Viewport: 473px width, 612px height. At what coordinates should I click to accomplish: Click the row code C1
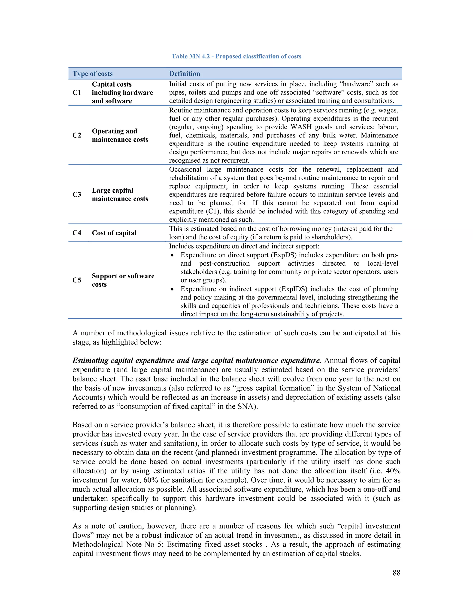(x=77, y=92)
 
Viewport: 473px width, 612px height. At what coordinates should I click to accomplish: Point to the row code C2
(x=77, y=135)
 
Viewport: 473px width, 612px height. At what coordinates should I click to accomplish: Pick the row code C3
(x=77, y=194)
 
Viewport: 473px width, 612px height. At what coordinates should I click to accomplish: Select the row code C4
(x=77, y=233)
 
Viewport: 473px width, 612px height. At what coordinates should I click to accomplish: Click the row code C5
(x=77, y=280)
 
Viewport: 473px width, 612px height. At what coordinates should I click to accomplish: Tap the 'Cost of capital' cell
(x=114, y=233)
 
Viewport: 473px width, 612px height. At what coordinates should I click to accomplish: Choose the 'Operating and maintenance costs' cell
(x=120, y=135)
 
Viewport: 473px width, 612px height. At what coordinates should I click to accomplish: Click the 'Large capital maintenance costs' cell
(x=120, y=194)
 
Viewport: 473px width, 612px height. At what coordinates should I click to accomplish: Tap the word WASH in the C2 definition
(x=301, y=127)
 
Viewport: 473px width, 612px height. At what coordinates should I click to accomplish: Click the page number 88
(x=396, y=573)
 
